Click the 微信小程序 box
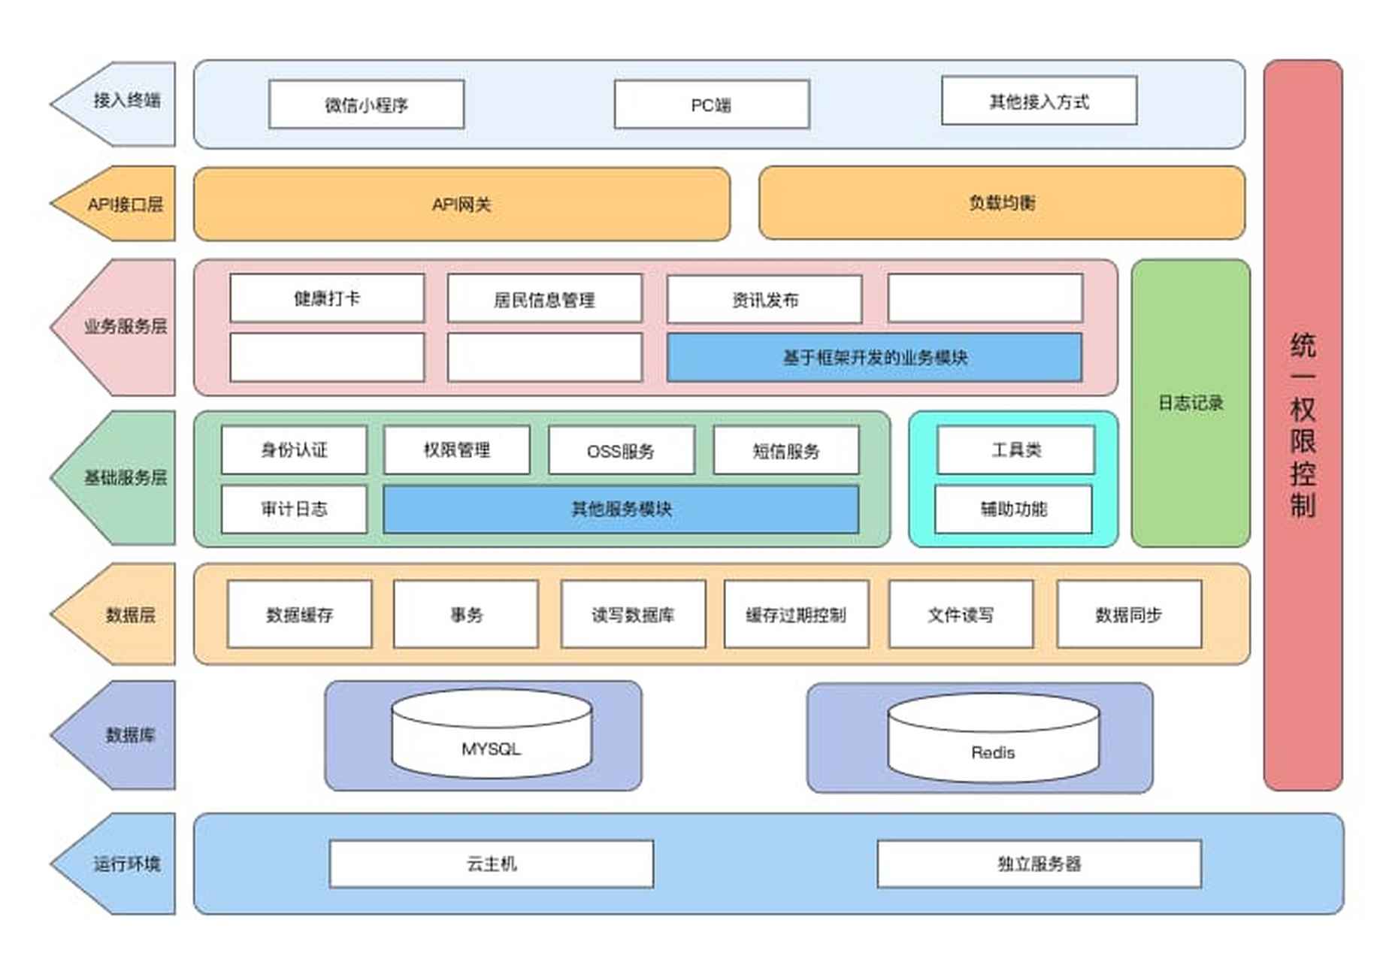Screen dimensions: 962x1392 click(x=366, y=104)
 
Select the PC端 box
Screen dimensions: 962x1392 click(x=711, y=104)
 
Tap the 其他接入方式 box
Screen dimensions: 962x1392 click(x=1038, y=101)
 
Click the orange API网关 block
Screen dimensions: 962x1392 click(x=461, y=204)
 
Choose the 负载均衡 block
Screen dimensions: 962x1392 click(x=1001, y=203)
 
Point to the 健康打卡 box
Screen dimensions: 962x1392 click(x=327, y=298)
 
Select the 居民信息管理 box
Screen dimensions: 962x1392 click(x=544, y=300)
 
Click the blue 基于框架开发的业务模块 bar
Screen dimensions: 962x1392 click(x=874, y=358)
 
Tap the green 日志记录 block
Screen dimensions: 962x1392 click(x=1190, y=403)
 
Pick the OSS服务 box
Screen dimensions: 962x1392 click(x=621, y=451)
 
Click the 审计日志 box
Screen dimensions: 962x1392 click(x=294, y=510)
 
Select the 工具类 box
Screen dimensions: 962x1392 click(x=1015, y=450)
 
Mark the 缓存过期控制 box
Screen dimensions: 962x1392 click(x=796, y=615)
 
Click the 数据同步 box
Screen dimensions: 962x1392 click(x=1128, y=615)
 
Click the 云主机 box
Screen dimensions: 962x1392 click(x=492, y=864)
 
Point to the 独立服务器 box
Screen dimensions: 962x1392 click(x=1039, y=864)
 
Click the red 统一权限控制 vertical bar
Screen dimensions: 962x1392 click(x=1302, y=425)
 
